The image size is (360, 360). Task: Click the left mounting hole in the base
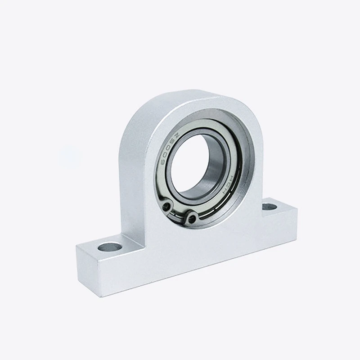coord(110,247)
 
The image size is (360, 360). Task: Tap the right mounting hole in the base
coord(269,207)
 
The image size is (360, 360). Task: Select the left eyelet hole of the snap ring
coord(167,206)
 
